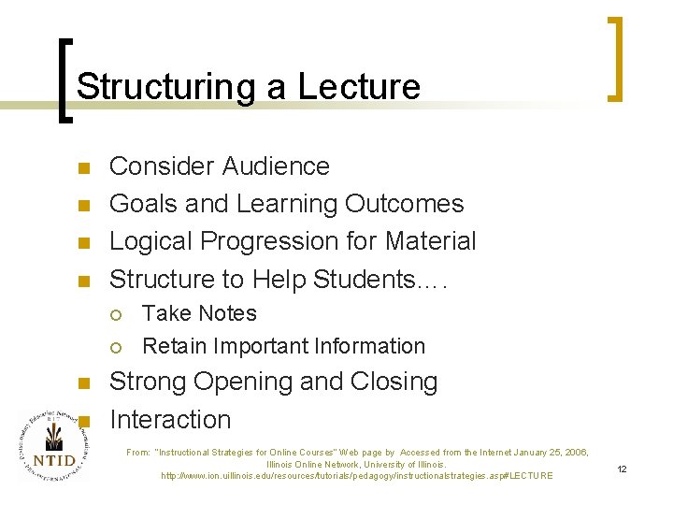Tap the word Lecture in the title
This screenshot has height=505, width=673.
(359, 87)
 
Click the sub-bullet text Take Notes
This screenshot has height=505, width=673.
(199, 313)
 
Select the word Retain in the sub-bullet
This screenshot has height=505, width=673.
(174, 346)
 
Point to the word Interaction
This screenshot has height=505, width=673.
(170, 419)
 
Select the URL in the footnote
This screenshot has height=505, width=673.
(357, 476)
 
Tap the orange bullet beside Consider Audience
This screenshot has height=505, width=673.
(82, 168)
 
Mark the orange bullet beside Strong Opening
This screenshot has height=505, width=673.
(82, 383)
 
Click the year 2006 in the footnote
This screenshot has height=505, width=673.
(573, 453)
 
